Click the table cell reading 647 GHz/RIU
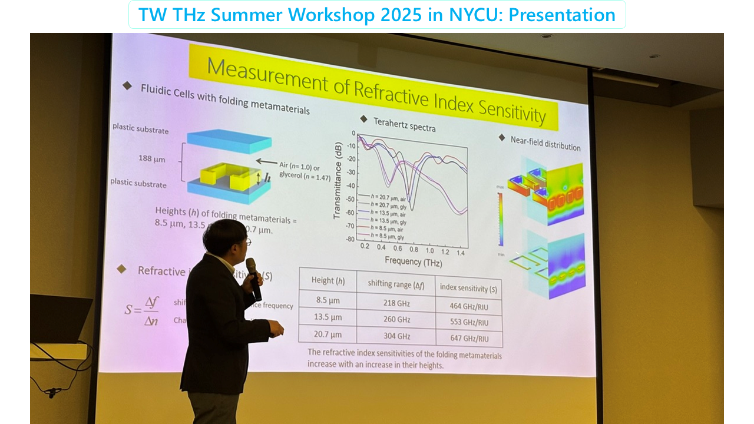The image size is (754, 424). click(x=469, y=338)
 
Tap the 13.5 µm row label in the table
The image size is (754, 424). click(x=329, y=317)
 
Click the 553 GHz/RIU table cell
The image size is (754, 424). click(x=469, y=322)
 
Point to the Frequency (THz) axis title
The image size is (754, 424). click(x=413, y=261)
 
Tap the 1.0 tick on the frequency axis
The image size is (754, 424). click(x=429, y=251)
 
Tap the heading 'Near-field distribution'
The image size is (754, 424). click(x=545, y=142)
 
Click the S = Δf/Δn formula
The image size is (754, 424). click(x=143, y=310)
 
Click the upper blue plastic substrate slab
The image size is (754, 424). click(x=229, y=141)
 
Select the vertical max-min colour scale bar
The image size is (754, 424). click(x=501, y=218)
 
